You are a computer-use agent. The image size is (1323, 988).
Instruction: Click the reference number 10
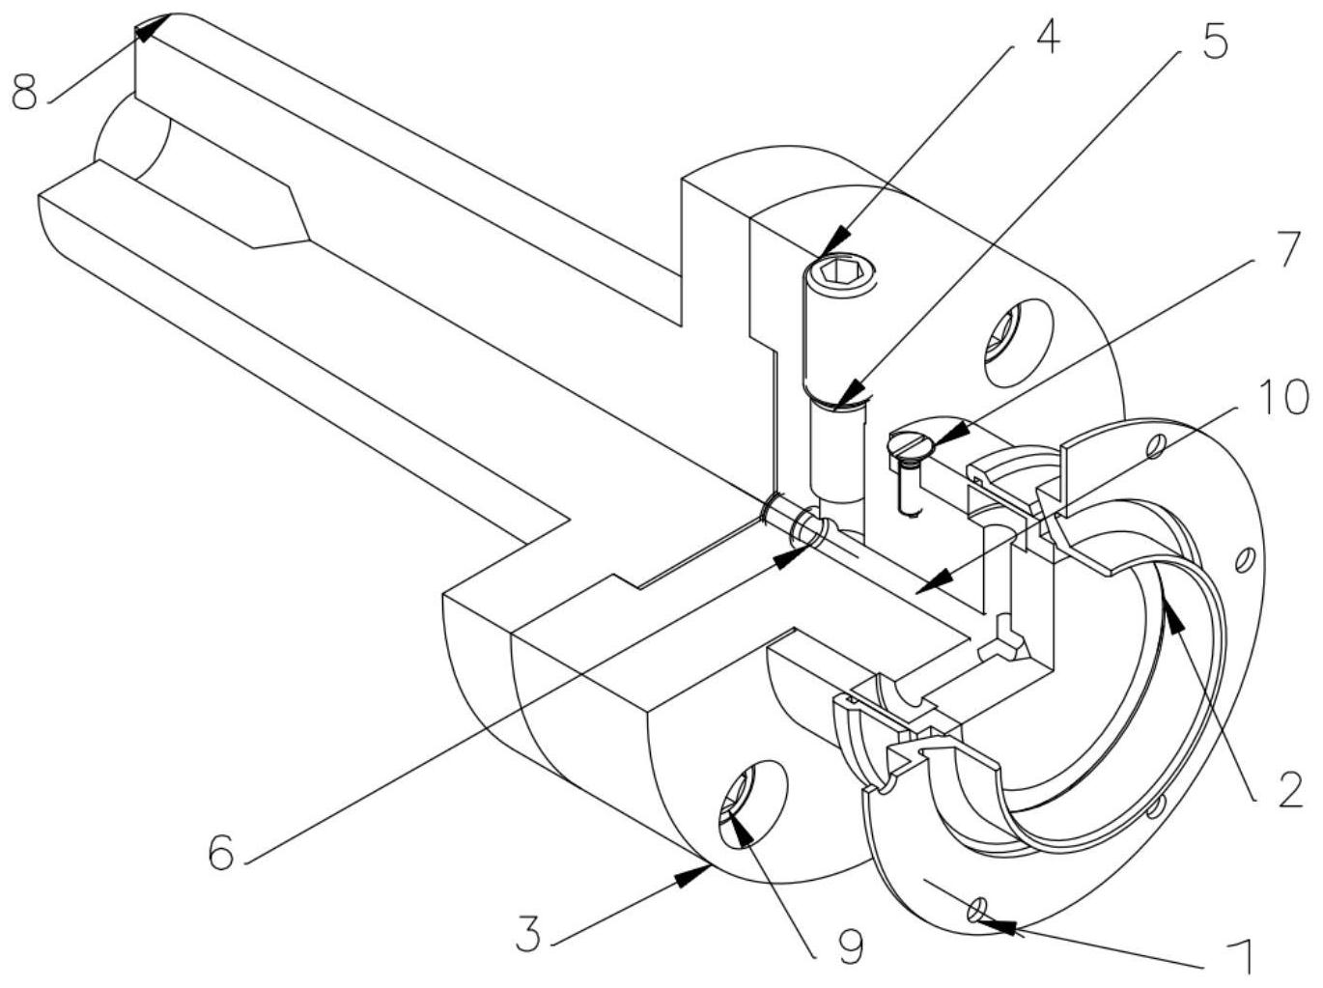(x=1281, y=397)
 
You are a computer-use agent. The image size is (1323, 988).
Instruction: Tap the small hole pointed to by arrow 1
(x=975, y=910)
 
